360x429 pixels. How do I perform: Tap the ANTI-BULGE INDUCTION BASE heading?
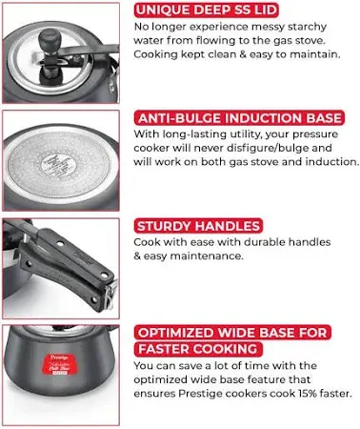[x=239, y=118]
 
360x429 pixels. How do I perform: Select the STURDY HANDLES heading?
[x=199, y=226]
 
